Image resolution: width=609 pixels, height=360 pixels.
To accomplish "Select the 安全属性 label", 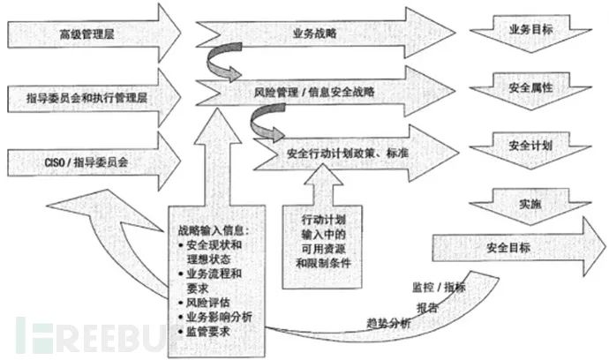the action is (530, 89).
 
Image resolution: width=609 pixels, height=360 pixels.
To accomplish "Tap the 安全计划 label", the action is (530, 143).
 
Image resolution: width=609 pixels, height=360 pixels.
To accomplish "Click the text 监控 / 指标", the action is (437, 289).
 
